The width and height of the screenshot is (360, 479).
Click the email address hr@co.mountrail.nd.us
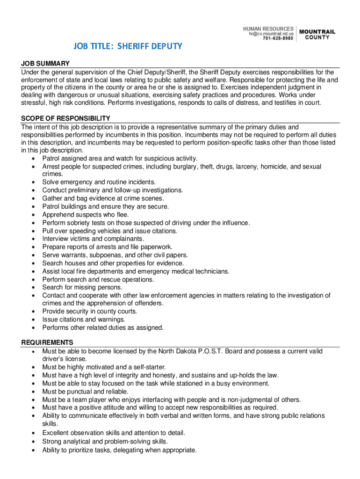(x=271, y=34)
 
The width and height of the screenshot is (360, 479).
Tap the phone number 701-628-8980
(x=278, y=38)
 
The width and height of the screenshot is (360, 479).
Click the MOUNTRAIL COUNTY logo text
(x=317, y=35)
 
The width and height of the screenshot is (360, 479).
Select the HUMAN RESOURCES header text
(x=268, y=29)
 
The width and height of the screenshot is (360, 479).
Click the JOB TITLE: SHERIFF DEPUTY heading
(x=127, y=46)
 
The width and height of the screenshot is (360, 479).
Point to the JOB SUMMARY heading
(x=45, y=64)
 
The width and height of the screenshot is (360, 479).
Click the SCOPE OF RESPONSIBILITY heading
(x=65, y=118)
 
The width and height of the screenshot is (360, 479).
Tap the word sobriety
(x=77, y=223)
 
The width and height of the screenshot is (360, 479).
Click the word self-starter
(x=147, y=367)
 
